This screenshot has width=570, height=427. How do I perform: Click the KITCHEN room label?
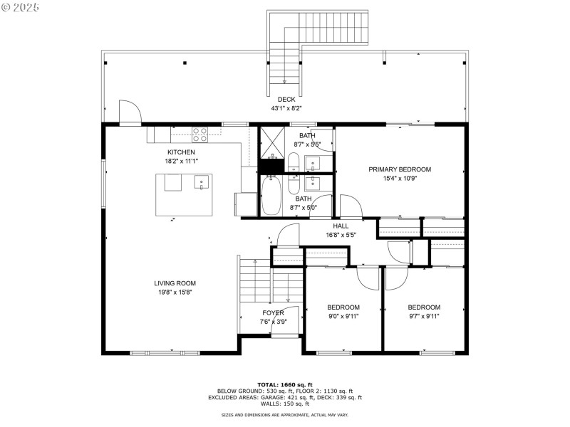point(181,152)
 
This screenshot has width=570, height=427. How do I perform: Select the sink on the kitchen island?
point(202,183)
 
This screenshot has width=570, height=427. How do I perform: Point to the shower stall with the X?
point(271,143)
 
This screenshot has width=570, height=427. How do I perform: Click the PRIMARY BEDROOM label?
point(400,169)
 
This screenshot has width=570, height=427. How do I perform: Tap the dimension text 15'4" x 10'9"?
point(400,179)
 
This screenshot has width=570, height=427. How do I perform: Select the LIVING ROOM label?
point(175,283)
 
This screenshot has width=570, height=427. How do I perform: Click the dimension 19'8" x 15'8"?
point(175,292)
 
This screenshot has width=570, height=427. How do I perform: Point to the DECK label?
point(286,100)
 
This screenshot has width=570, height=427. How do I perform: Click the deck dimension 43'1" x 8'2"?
point(286,109)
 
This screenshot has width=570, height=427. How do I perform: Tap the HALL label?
point(341,226)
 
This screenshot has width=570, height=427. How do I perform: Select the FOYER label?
point(273,312)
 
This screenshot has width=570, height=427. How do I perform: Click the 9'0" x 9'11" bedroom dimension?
point(343,317)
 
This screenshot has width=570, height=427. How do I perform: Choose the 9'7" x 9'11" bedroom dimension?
point(424,317)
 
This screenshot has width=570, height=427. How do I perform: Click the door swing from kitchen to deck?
point(130,113)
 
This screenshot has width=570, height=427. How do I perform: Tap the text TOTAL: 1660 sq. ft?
point(285,384)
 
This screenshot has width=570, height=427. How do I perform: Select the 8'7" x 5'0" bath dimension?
point(304,208)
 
